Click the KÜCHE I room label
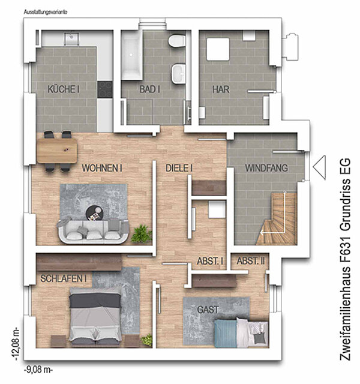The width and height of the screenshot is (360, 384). (x=64, y=89)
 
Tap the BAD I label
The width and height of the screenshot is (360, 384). (x=149, y=89)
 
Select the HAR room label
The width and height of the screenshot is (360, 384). (x=221, y=89)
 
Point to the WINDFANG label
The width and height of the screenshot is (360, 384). (x=266, y=168)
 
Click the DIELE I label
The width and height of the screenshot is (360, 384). (x=179, y=168)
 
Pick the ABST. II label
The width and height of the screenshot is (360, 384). (x=251, y=261)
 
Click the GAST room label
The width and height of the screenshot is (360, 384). (x=208, y=310)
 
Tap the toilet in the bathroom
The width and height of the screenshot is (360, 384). (x=177, y=40)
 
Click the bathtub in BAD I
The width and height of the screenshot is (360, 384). (x=132, y=55)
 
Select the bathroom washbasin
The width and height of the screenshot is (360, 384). (x=179, y=73)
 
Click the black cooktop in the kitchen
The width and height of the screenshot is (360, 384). (x=105, y=89)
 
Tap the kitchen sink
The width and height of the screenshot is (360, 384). (x=71, y=38)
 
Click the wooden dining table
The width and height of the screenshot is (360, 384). (x=57, y=151)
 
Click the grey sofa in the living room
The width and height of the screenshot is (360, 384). (x=93, y=232)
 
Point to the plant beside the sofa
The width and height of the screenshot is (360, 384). (x=142, y=234)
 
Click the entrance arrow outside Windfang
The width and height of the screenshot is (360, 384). (x=319, y=167)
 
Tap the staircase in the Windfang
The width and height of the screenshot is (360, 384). (x=277, y=218)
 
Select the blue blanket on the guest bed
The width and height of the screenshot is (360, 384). (x=226, y=334)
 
